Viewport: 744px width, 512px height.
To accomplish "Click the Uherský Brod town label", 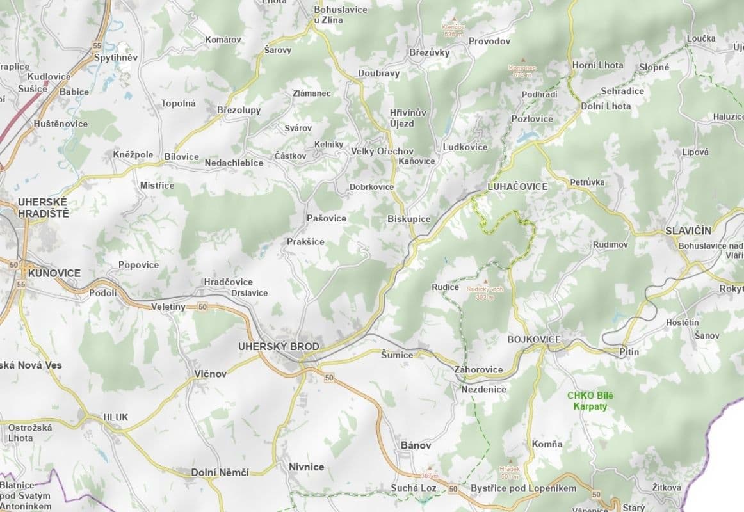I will (278, 346).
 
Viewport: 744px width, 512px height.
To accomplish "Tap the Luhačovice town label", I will (517, 186).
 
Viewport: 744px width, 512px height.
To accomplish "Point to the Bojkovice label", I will (533, 339).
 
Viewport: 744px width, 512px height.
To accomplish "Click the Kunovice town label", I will (54, 273).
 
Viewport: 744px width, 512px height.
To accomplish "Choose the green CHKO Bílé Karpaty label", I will (590, 401).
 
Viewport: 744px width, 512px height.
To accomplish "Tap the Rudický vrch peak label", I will (485, 292).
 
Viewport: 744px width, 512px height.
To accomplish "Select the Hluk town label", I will (116, 417).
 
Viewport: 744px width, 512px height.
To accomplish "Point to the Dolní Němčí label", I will (220, 472).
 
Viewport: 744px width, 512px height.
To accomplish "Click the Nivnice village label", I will (306, 467).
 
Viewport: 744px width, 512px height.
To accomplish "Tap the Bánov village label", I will (416, 445).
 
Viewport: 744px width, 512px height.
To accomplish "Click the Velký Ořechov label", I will (382, 151).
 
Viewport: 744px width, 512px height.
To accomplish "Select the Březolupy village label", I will (239, 110).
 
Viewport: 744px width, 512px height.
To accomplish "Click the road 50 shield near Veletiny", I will (203, 308).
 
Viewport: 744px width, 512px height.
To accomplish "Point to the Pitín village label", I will (629, 351).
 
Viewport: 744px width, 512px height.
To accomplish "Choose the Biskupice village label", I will (408, 219).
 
